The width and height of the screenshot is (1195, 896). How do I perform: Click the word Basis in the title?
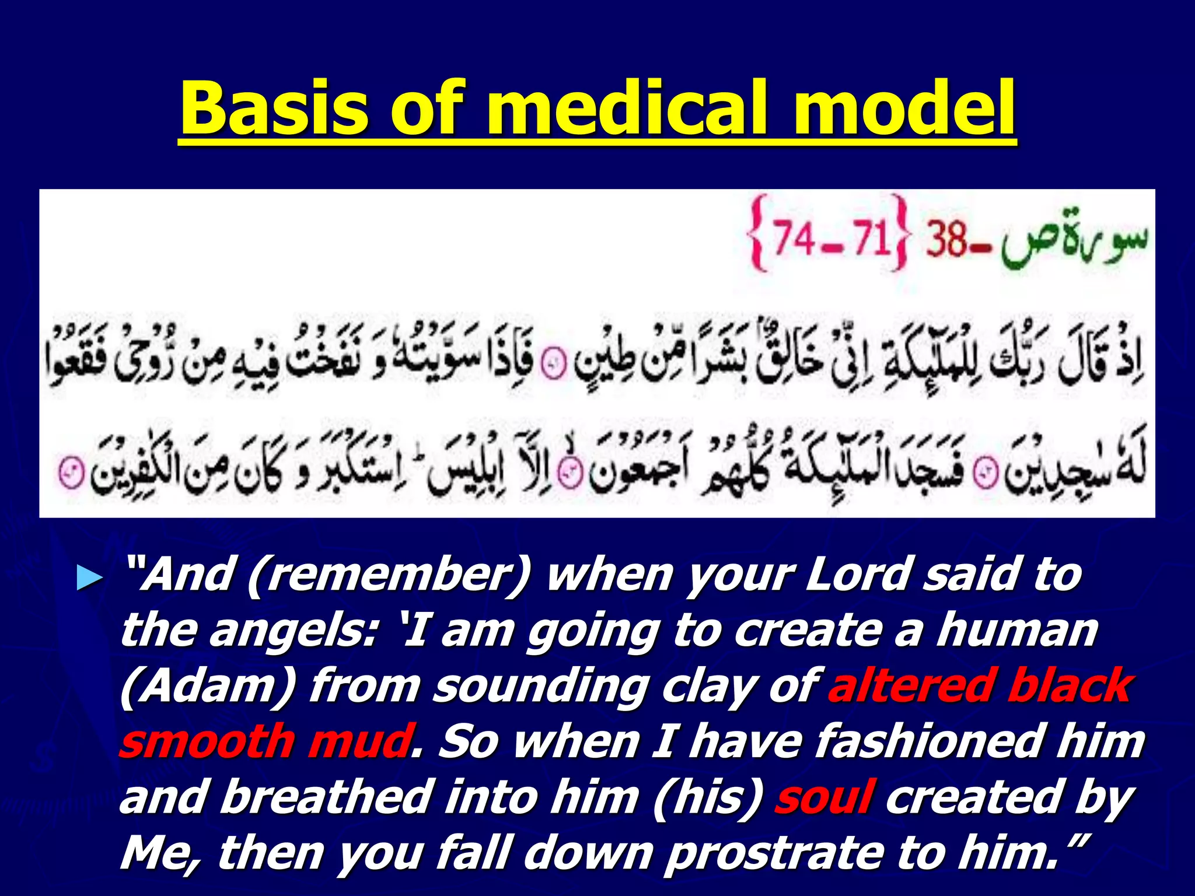274,109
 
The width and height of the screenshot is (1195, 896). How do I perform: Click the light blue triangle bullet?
90,579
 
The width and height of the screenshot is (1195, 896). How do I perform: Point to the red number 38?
946,240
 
